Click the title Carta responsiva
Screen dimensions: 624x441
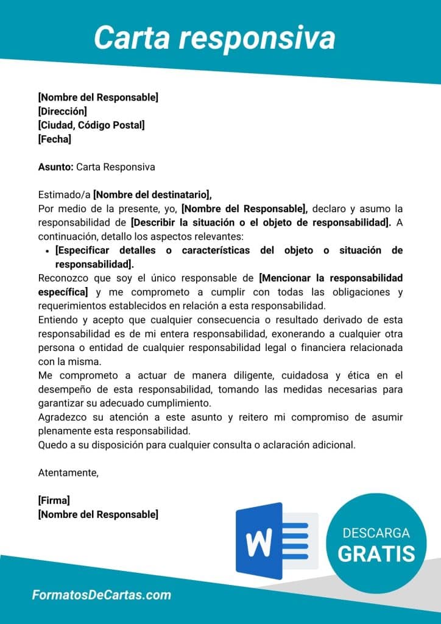[214, 38]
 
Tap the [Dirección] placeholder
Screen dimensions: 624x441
[62, 111]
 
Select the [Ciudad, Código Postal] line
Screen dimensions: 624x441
[91, 125]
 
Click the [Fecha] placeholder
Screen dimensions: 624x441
[54, 139]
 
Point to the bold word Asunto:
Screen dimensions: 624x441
[55, 167]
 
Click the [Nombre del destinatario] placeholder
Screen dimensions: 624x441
[152, 195]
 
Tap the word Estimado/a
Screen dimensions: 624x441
[64, 195]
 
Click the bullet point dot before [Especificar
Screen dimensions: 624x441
[48, 251]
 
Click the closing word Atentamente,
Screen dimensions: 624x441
[68, 472]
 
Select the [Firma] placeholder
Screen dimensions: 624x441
[54, 500]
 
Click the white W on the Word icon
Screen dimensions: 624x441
[259, 541]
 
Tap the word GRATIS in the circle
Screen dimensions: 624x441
[376, 553]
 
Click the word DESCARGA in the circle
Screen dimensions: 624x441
[376, 533]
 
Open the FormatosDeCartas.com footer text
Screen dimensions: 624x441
[101, 595]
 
